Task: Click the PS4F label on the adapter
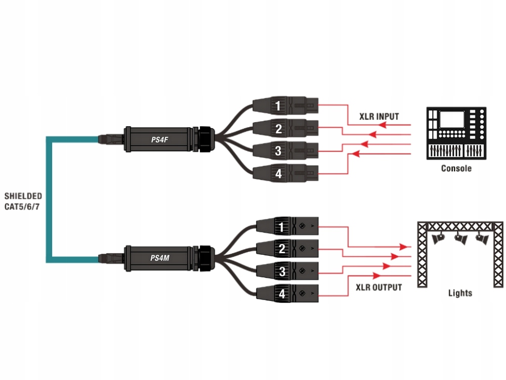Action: pos(160,140)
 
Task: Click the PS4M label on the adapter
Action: pos(160,258)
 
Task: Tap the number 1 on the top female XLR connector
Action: pos(278,106)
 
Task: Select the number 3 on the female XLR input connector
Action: pos(278,151)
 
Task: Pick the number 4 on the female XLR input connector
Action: pos(278,174)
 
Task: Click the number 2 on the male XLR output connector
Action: pos(282,248)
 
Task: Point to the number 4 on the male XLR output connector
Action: pos(282,293)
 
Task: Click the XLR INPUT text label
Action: pos(379,117)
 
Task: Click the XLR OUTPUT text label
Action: pos(379,287)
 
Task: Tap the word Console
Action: pos(456,168)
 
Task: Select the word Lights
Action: pos(460,293)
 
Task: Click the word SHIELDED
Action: pos(23,196)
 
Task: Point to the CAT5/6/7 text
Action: pos(22,207)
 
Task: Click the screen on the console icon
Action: pos(452,119)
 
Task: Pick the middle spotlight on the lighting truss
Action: pos(461,239)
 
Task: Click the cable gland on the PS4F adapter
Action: pos(205,139)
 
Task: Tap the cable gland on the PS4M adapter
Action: pos(205,258)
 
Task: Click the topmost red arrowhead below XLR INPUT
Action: pos(382,125)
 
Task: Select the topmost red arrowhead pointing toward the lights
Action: pos(403,247)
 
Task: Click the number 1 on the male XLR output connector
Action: pos(281,227)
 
